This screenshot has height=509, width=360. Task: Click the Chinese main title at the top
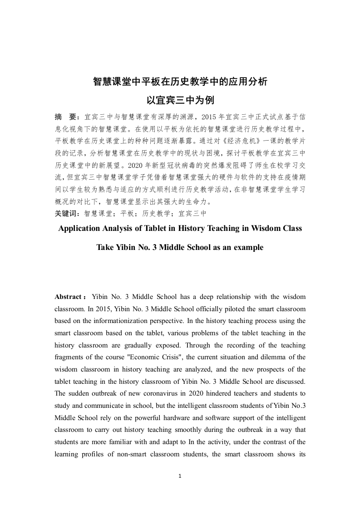tap(180, 82)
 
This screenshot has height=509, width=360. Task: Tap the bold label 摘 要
tap(66, 117)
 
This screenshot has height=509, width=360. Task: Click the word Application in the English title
tap(79, 228)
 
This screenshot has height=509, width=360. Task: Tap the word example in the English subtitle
tap(248, 248)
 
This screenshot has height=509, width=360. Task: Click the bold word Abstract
tap(68, 297)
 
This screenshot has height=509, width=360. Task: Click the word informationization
tap(131, 321)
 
